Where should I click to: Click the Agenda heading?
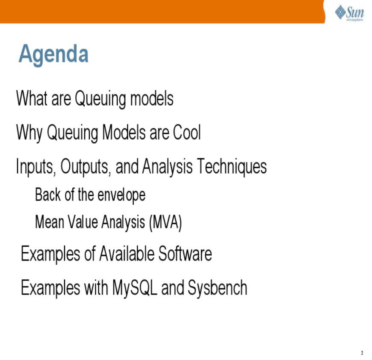pyautogui.click(x=53, y=54)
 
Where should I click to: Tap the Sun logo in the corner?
pyautogui.click(x=349, y=13)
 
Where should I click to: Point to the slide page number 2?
pyautogui.click(x=362, y=353)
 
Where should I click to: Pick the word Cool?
pyautogui.click(x=187, y=132)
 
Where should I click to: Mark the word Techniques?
pyautogui.click(x=232, y=166)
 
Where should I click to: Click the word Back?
pyautogui.click(x=48, y=195)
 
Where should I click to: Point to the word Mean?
pyautogui.click(x=50, y=222)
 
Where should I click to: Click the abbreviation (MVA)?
pyautogui.click(x=165, y=223)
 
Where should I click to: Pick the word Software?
pyautogui.click(x=185, y=254)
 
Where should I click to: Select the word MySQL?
pyautogui.click(x=135, y=288)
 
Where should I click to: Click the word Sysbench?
pyautogui.click(x=218, y=288)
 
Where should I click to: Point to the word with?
pyautogui.click(x=96, y=287)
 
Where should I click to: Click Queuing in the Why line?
pyautogui.click(x=72, y=133)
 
